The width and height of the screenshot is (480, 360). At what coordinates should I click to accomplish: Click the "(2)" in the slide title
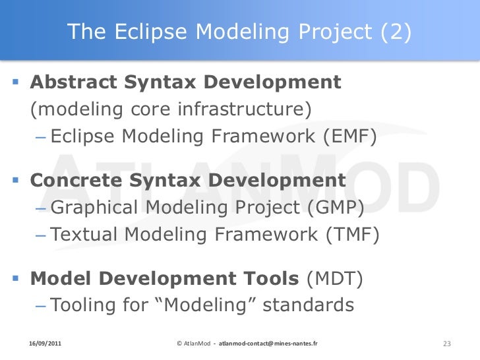tap(396, 32)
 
